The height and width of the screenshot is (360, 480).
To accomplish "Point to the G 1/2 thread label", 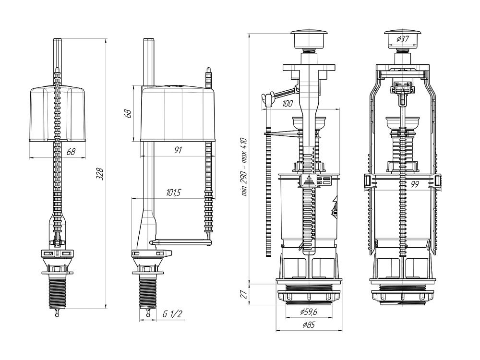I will coord(172,314).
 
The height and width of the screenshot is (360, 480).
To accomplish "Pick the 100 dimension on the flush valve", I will coord(288,104).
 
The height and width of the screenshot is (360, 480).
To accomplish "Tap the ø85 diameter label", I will coord(309,325).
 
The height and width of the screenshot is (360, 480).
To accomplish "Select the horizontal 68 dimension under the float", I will coord(71,152).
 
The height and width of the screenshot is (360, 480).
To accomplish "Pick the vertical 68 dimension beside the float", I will coord(128,114).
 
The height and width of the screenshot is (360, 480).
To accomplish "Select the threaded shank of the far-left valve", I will coord(58,293).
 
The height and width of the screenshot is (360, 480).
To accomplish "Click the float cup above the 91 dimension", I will coord(178,114).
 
